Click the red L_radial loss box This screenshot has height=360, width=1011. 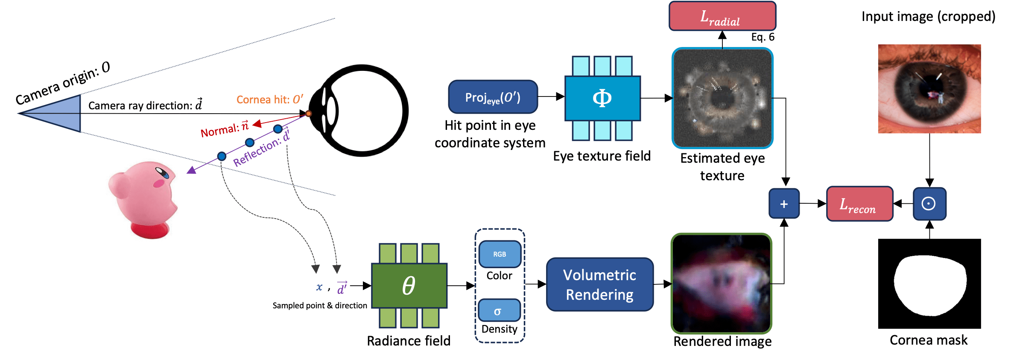722,16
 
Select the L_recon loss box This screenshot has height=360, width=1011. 859,204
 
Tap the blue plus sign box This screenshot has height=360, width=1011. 784,204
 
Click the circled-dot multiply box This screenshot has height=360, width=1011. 929,204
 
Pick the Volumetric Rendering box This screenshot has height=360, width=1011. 599,284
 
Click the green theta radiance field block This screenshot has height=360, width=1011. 409,285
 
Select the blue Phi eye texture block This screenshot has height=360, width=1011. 602,98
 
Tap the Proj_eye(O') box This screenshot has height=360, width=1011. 493,97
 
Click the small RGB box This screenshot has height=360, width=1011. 500,254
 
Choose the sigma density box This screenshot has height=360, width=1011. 499,310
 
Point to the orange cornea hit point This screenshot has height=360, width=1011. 308,114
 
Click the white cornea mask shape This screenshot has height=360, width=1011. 929,285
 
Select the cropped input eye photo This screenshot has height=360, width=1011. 929,89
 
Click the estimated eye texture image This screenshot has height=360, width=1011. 722,98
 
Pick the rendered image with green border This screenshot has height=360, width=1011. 722,284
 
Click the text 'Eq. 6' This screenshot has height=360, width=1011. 763,37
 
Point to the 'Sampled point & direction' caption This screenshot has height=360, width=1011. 319,305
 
